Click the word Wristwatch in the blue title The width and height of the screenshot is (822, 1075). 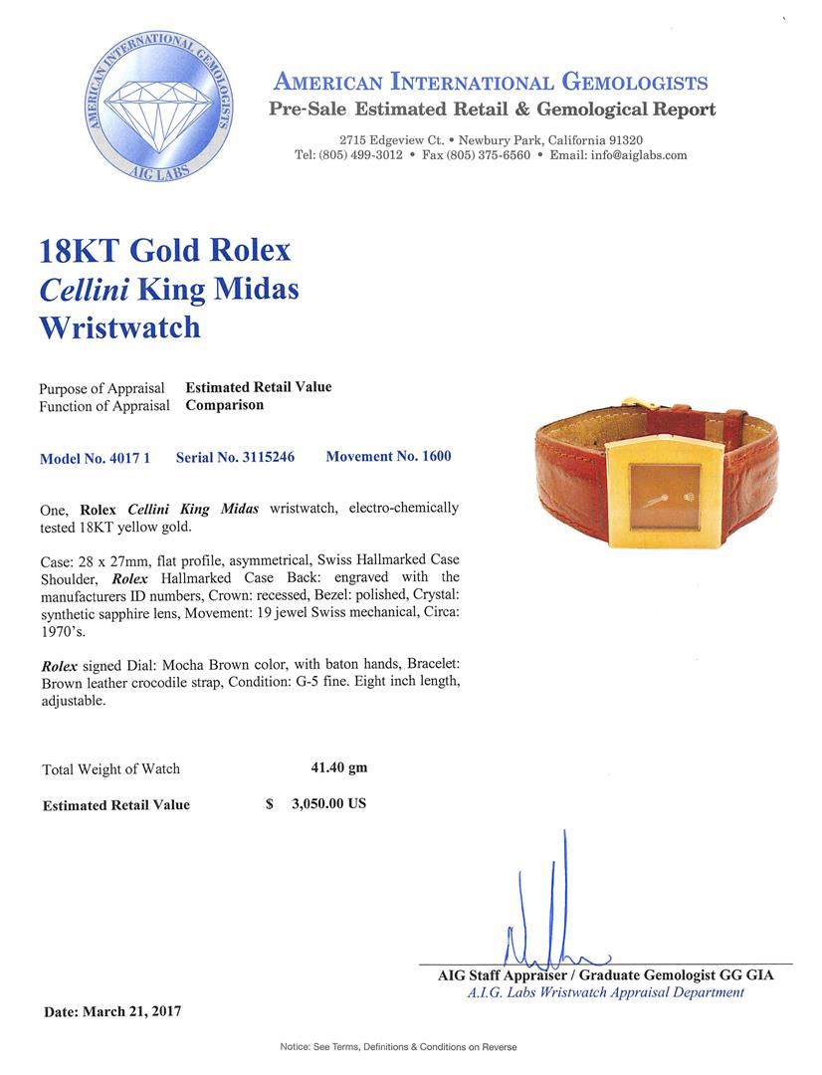(119, 327)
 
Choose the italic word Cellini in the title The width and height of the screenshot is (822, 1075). (83, 289)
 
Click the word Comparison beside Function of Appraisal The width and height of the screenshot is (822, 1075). (225, 405)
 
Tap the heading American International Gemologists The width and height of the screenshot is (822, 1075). (490, 83)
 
